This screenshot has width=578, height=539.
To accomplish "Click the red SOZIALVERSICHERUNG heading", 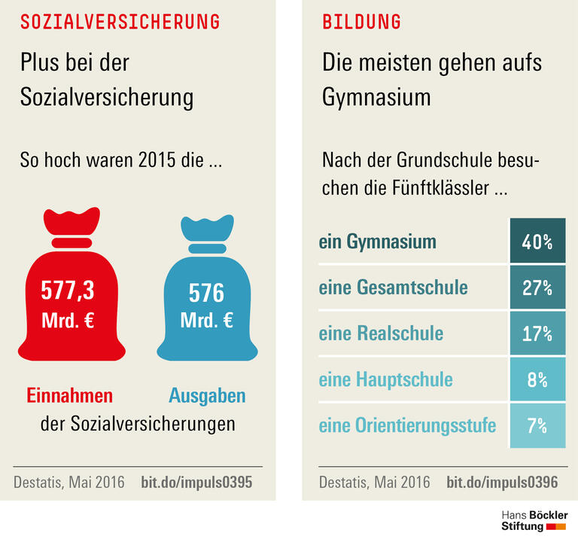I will coord(120,21).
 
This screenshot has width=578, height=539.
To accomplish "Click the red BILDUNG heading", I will coord(361,21).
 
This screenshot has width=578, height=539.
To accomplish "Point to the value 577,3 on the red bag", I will coord(68,290).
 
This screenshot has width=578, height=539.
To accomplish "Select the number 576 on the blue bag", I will coord(206,292).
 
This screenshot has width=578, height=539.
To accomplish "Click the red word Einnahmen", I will coord(70,396).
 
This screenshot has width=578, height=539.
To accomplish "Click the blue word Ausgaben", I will coord(207,396).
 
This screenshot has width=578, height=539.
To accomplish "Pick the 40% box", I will coord(537,242).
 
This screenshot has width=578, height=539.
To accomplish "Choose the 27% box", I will coord(537,288).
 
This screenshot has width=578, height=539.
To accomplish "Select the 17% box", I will coord(537,333).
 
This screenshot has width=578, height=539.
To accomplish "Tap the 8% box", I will coord(537,379).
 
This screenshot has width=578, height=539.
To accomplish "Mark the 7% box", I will coord(537,425).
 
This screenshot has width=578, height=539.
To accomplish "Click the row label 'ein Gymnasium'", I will coord(377,242).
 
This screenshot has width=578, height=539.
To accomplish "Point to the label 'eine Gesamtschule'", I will coord(393,288).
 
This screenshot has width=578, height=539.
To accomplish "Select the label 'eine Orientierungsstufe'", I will coord(407,425).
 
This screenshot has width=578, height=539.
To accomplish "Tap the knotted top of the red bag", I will coord(71,223).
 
